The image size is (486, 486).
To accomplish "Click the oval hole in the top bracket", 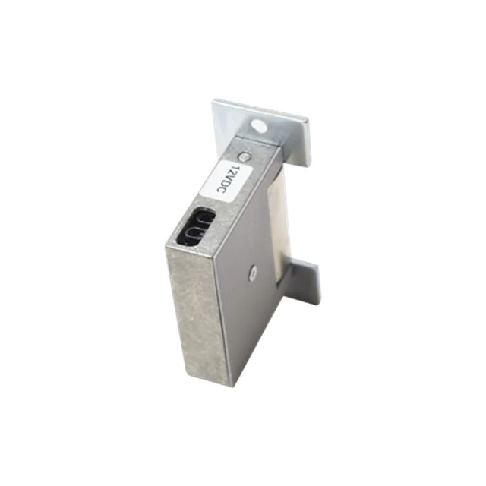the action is click(259, 126).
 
